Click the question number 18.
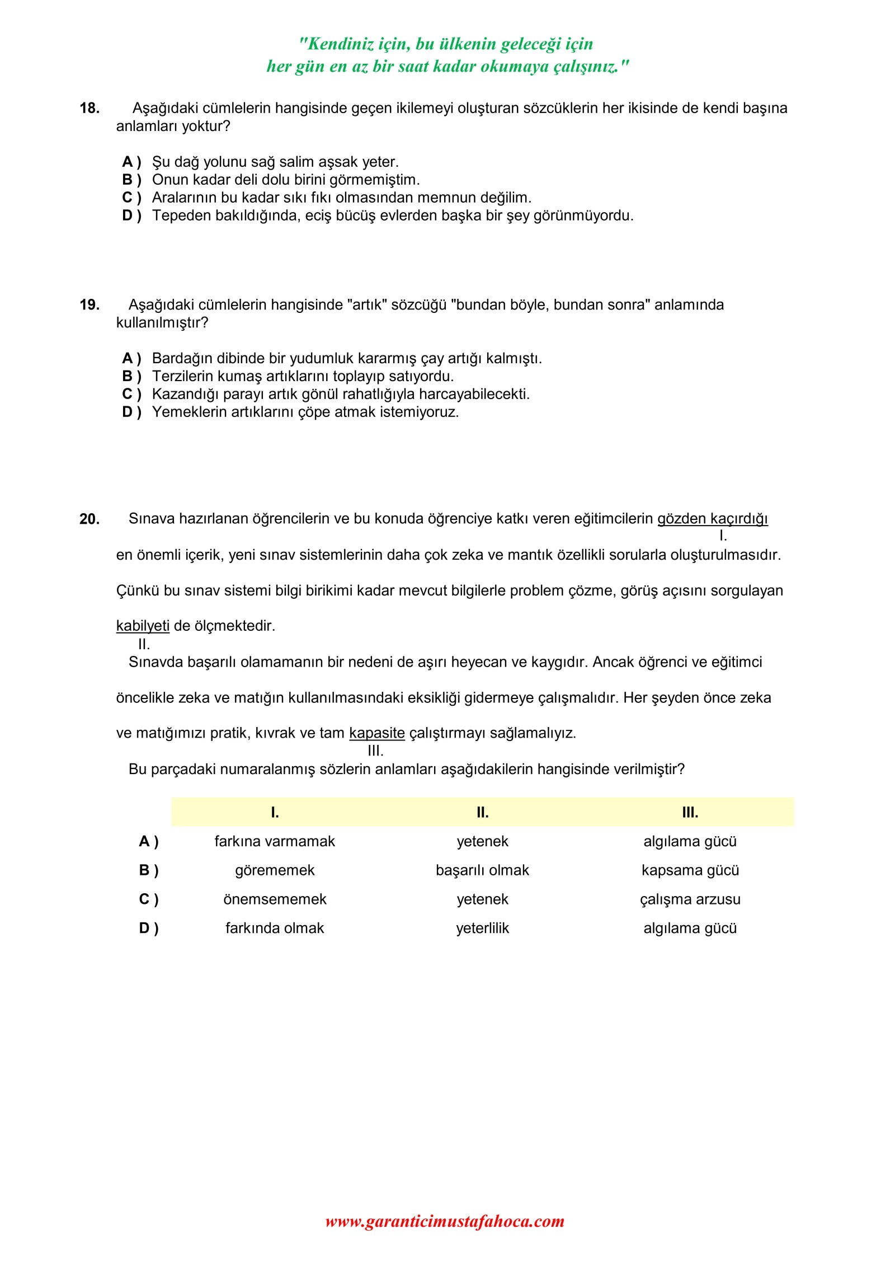pos(89,108)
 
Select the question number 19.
pos(89,305)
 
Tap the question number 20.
pos(89,519)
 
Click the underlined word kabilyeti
pos(143,626)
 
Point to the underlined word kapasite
pos(376,733)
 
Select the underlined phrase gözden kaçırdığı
pos(712,519)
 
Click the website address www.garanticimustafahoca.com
pos(445,1221)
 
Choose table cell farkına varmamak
pos(275,842)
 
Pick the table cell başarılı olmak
pos(482,871)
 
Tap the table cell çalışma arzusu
pos(690,899)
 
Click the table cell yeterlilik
pos(482,929)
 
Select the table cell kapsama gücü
pos(690,871)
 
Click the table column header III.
pos(690,813)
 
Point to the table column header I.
pos(275,813)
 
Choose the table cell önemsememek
pos(275,899)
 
